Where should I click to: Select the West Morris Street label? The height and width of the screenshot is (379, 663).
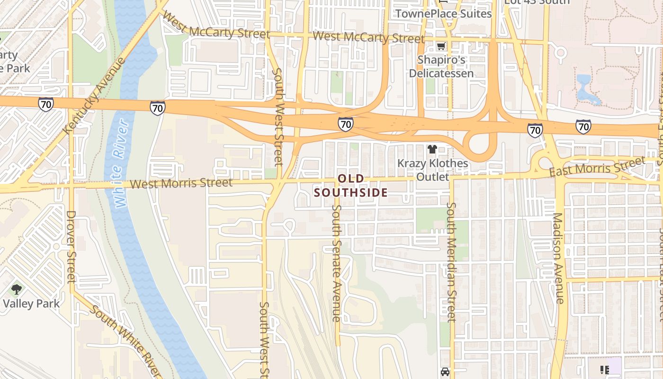click(181, 183)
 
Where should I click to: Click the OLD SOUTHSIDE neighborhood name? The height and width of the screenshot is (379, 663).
click(351, 186)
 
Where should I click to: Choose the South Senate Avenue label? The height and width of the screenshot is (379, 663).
click(336, 263)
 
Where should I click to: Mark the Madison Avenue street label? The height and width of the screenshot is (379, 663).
click(558, 258)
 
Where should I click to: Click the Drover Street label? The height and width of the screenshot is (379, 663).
click(71, 246)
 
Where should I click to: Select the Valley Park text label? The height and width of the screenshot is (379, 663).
click(31, 303)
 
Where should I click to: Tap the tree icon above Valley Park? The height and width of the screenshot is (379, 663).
click(17, 289)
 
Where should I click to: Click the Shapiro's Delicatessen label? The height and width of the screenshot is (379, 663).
click(441, 67)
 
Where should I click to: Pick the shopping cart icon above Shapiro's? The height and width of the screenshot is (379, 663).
click(441, 46)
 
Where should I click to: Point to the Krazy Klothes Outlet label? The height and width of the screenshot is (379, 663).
click(432, 170)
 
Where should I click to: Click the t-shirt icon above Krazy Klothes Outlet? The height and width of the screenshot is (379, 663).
click(432, 150)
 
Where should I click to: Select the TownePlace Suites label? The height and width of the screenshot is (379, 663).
click(444, 14)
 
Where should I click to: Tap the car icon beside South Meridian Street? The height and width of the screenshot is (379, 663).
click(445, 372)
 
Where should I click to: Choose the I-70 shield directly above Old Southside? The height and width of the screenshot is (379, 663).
click(346, 125)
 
